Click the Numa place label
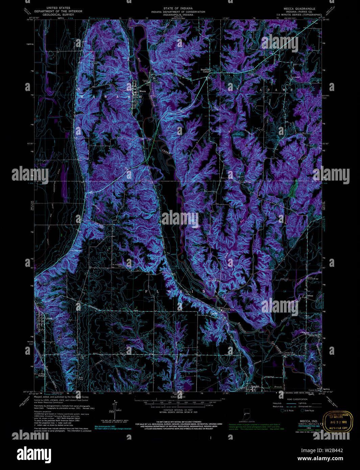point(41,375)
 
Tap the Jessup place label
point(310,296)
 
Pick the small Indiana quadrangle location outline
point(247,415)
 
